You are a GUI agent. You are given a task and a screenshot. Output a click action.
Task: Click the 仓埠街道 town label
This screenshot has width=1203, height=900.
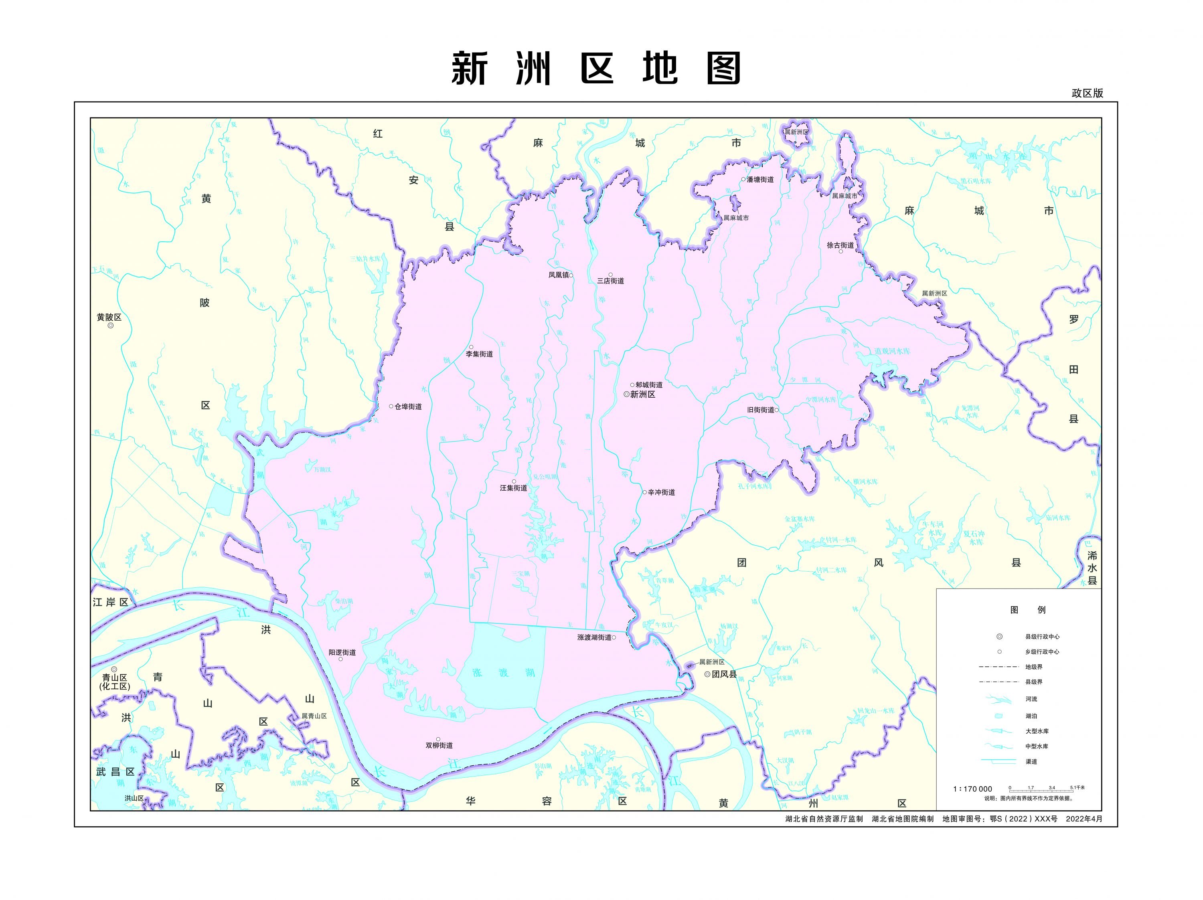point(408,407)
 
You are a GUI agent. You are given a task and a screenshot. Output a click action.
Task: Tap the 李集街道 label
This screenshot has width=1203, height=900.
point(479,354)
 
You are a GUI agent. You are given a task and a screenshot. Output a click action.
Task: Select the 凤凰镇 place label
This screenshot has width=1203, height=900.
point(558,275)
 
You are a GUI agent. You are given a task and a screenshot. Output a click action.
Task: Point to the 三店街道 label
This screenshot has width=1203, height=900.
point(610,281)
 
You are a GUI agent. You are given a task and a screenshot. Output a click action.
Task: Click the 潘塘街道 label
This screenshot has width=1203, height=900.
point(760,180)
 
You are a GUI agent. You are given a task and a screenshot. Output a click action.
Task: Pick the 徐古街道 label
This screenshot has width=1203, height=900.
point(840,245)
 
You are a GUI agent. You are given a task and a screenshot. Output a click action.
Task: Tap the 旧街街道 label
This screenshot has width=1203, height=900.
point(760,410)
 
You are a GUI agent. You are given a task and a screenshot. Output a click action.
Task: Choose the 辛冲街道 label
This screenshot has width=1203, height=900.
point(661,492)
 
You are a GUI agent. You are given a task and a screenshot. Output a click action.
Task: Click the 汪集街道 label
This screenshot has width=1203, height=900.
point(513,488)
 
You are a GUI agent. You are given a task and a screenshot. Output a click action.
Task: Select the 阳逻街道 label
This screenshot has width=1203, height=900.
point(342,653)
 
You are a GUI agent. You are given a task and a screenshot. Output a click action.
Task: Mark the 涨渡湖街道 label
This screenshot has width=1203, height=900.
point(594,637)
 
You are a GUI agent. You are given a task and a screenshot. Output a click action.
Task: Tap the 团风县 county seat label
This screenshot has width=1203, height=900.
point(724,674)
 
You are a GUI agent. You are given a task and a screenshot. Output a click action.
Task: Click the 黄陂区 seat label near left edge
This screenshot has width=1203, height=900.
point(109,317)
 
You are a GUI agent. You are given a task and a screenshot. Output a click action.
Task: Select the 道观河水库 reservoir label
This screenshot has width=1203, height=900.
point(892,351)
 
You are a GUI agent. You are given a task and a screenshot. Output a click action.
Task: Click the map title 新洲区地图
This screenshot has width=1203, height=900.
point(596,68)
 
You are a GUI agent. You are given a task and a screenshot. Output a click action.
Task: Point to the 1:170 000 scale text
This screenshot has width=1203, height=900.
point(972,789)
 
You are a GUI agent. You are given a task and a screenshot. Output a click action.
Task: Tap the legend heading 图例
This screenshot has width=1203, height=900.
point(1027,610)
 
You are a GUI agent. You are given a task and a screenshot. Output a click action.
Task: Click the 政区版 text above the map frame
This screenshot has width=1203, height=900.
point(1087,93)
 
